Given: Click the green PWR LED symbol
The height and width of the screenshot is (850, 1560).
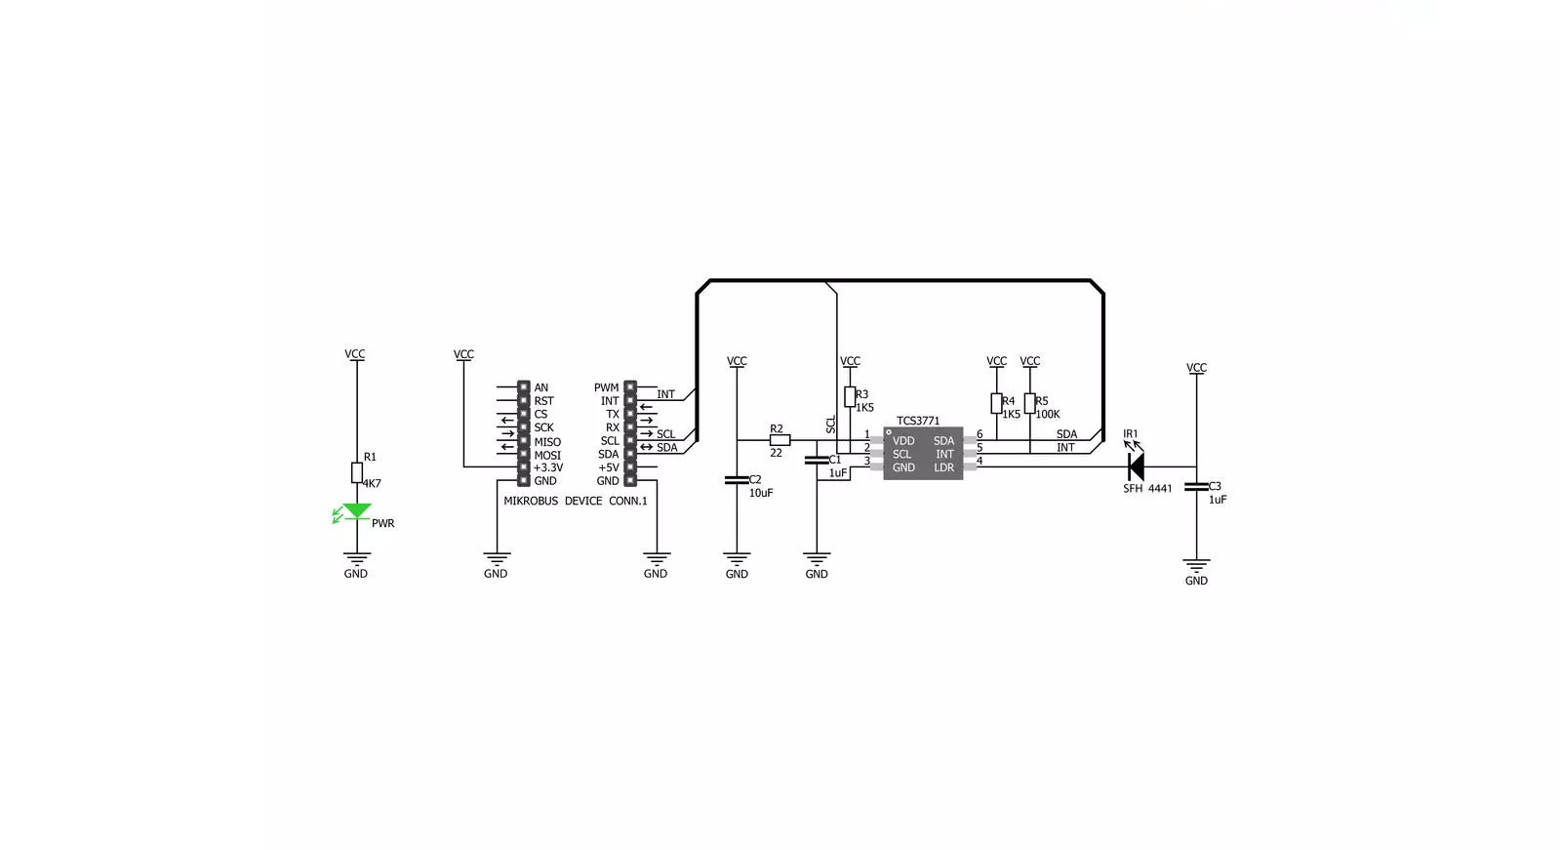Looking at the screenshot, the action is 356,512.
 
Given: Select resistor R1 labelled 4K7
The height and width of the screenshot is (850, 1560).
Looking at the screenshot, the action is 356,472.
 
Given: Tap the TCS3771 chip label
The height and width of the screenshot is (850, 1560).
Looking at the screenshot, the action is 918,421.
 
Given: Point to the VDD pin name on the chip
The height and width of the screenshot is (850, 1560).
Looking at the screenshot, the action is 903,441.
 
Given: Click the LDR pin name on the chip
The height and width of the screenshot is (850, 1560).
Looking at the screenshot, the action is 943,467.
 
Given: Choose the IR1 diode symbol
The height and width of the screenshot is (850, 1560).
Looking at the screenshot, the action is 1136,466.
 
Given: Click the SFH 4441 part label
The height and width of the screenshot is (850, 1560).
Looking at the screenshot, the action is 1147,489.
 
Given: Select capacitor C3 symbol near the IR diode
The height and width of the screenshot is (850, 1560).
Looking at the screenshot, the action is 1196,487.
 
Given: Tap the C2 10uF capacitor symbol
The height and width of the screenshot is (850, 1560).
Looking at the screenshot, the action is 737,480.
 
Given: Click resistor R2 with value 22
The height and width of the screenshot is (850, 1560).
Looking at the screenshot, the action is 780,440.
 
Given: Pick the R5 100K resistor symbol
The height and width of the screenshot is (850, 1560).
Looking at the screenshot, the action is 1029,403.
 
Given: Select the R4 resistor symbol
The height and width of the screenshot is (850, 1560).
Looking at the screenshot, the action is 997,403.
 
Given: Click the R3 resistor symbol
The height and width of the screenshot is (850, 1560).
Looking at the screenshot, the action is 850,397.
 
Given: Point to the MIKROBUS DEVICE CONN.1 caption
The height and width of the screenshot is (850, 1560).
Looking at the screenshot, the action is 576,501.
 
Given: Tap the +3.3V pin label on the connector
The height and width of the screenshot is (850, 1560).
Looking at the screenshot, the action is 548,467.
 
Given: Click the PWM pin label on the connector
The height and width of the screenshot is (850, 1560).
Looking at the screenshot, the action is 606,388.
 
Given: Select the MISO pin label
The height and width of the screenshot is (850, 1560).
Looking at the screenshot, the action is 547,442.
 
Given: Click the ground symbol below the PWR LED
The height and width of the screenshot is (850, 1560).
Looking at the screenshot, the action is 356,559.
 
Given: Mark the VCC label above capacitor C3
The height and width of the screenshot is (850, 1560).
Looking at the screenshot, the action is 1196,368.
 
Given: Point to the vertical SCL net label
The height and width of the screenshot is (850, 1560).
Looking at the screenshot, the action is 831,425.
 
